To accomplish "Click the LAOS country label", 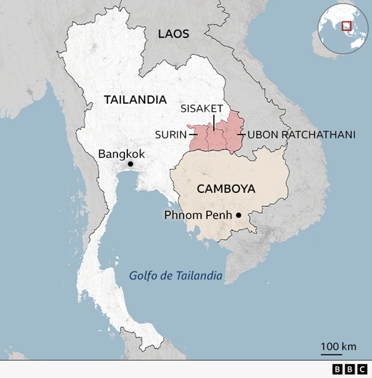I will click(173, 34).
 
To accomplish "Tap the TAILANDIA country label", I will click(135, 100).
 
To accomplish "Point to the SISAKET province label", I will click(202, 108).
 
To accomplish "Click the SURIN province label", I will click(171, 134).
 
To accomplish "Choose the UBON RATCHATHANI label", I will click(301, 134).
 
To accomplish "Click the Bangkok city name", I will click(121, 153).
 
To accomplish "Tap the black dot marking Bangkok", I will click(130, 164).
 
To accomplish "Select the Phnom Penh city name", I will click(198, 215).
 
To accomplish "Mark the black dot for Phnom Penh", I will click(238, 215).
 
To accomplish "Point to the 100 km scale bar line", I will click(331, 353).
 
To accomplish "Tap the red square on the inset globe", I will click(347, 25).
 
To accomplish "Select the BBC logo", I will click(349, 369).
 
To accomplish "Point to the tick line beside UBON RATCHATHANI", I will click(241, 134).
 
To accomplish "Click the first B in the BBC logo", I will click(338, 369).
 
